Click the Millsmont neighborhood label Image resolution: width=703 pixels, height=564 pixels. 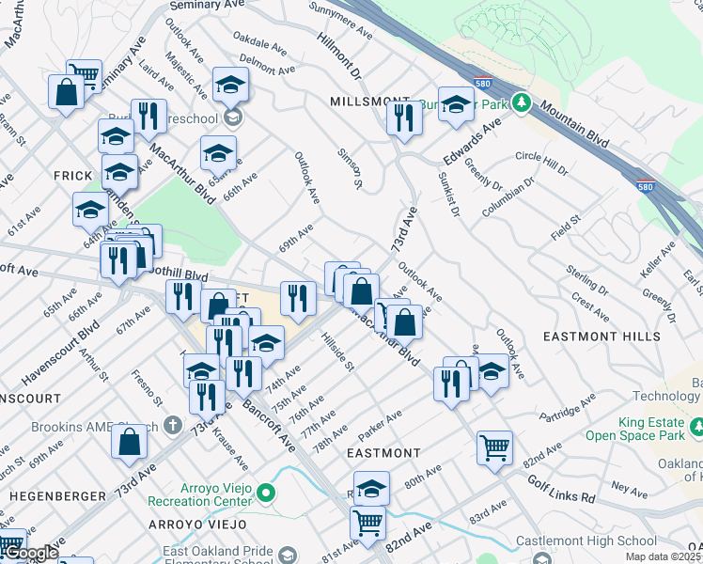368,101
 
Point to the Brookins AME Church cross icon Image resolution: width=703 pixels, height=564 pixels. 171,425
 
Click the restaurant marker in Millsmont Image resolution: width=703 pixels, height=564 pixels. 404,117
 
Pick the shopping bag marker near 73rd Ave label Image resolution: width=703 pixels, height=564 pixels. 130,440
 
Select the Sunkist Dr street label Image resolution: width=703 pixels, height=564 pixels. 447,196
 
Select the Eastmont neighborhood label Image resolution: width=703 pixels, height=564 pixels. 383,453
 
